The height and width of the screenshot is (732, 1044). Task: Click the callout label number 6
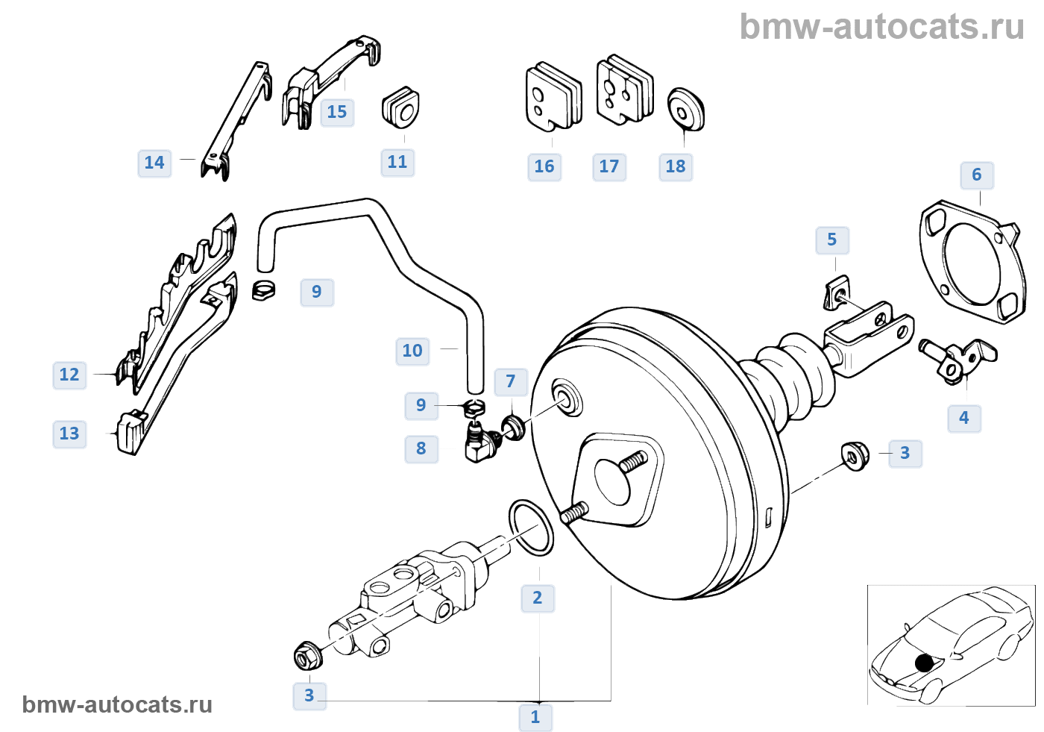coord(977,175)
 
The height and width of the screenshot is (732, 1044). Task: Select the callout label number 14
coord(154,163)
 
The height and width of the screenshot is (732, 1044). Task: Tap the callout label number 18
coord(676,166)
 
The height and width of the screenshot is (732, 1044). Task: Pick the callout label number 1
coord(535,716)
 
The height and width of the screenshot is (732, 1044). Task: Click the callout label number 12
coord(69,375)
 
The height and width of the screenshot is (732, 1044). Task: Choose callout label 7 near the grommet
coord(511,381)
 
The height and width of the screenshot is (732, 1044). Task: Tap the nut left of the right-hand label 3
coord(855,455)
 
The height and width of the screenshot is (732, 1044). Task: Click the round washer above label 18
coord(685,110)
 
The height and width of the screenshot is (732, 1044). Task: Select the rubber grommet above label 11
coord(400,107)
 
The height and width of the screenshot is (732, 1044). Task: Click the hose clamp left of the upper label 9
coord(263,290)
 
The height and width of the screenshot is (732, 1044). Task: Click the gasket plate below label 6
coord(972,262)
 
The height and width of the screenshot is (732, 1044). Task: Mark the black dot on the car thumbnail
coord(924,663)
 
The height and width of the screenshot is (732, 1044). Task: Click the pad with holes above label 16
coord(553,96)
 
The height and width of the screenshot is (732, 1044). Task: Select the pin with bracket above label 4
coord(957,361)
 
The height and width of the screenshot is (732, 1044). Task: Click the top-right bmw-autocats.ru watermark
coord(881,27)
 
